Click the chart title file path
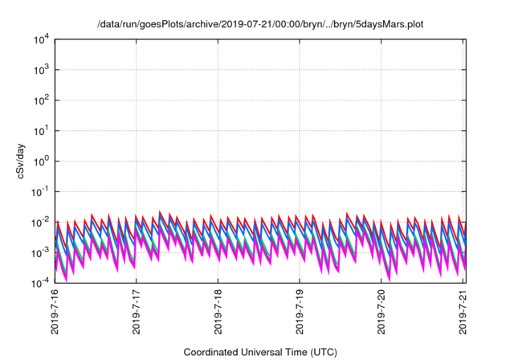coord(260,24)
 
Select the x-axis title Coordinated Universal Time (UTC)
coord(259,352)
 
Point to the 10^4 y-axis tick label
coord(42,39)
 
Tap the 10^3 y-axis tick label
coord(42,70)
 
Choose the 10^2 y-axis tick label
coord(42,100)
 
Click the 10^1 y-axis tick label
coord(42,131)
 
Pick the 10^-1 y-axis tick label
coord(40,191)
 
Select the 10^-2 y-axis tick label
coord(40,222)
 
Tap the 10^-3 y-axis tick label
coord(40,252)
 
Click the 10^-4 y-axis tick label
coord(40,283)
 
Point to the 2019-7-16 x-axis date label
coord(53,313)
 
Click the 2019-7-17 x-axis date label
coord(136,313)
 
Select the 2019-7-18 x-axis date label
coord(218,313)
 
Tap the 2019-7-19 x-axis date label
coord(300,313)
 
